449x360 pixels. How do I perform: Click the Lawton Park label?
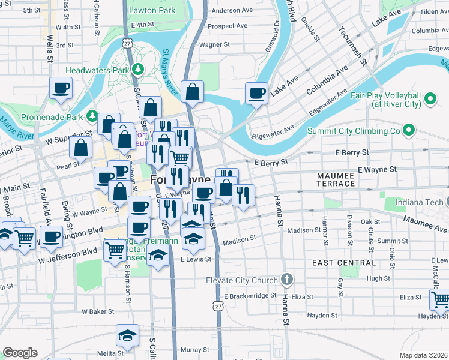click(152, 10)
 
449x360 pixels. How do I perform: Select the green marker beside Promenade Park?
click(92, 115)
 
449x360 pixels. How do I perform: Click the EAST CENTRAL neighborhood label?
click(344, 263)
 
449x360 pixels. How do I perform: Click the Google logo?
click(20, 353)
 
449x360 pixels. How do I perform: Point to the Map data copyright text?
click(424, 355)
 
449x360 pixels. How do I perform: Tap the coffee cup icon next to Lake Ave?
click(256, 94)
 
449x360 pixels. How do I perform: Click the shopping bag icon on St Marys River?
click(192, 92)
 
